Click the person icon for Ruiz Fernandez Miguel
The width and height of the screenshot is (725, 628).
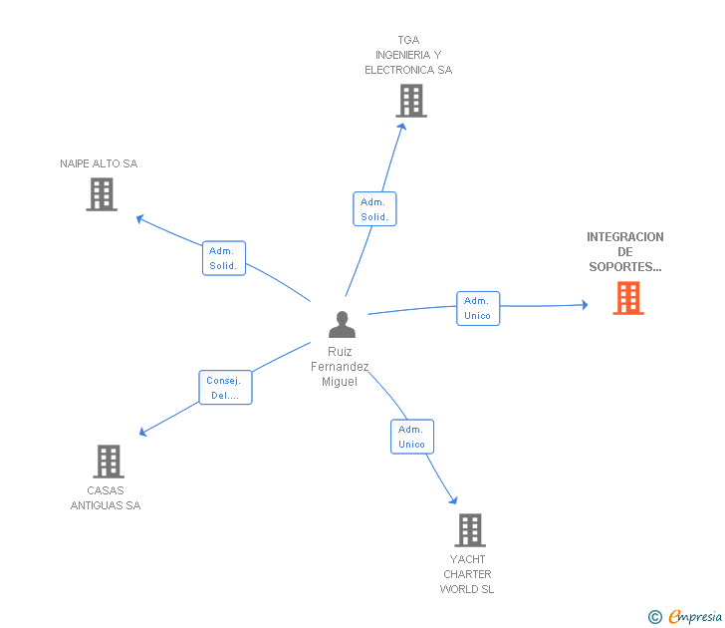pyautogui.click(x=342, y=324)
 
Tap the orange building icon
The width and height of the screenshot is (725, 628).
pyautogui.click(x=628, y=298)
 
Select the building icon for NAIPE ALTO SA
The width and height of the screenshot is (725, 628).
pyautogui.click(x=102, y=194)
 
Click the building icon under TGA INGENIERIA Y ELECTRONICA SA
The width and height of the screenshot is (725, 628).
pyautogui.click(x=411, y=101)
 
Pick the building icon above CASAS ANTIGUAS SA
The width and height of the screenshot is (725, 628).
pyautogui.click(x=109, y=462)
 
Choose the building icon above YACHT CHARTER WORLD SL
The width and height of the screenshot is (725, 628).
pyautogui.click(x=470, y=530)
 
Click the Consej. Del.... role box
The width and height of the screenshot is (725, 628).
pyautogui.click(x=225, y=388)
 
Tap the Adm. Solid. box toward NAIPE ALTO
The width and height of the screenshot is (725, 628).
pyautogui.click(x=224, y=258)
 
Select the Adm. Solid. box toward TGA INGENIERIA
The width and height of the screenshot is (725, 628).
pyautogui.click(x=374, y=208)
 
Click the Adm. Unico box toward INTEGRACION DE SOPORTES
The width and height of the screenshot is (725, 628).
pyautogui.click(x=478, y=308)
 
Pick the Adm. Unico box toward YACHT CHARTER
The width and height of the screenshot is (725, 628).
pyautogui.click(x=412, y=437)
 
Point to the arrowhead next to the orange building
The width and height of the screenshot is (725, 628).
pyautogui.click(x=585, y=304)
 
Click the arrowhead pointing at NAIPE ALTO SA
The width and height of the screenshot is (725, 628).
pyautogui.click(x=139, y=218)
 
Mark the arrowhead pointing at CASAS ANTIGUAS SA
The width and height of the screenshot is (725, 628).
pyautogui.click(x=142, y=432)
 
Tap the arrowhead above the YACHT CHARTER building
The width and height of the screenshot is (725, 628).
pyautogui.click(x=453, y=499)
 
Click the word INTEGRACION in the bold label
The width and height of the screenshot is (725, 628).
pyautogui.click(x=625, y=237)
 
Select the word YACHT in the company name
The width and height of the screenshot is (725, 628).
pyautogui.click(x=467, y=559)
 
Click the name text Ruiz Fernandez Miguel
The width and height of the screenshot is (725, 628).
pyautogui.click(x=340, y=367)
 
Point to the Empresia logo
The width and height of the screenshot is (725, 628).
pyautogui.click(x=695, y=616)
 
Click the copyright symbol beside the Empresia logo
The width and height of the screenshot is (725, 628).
pyautogui.click(x=655, y=617)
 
